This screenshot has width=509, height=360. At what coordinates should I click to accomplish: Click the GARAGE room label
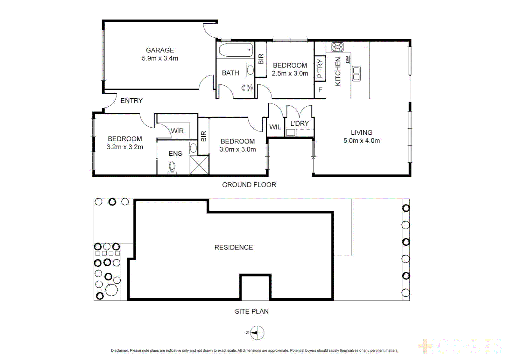click(x=160, y=50)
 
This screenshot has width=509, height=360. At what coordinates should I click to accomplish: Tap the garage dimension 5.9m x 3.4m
click(x=160, y=58)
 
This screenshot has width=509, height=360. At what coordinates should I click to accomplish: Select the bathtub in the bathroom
click(x=236, y=51)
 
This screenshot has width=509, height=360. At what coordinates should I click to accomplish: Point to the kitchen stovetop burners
click(x=337, y=47)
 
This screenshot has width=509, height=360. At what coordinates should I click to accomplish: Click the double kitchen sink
click(x=356, y=74)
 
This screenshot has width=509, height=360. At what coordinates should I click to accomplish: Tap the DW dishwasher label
click(x=348, y=59)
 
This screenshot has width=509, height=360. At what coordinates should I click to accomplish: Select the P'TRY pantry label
click(x=320, y=68)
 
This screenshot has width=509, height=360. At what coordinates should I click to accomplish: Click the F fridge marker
click(x=320, y=90)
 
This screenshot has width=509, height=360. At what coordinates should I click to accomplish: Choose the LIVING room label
click(x=361, y=133)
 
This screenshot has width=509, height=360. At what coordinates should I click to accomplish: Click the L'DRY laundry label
click(x=299, y=124)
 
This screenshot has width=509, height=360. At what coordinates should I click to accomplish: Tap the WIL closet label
click(x=275, y=127)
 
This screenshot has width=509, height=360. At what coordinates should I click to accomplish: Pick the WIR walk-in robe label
click(x=177, y=131)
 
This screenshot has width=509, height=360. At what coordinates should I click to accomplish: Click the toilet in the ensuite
click(x=172, y=167)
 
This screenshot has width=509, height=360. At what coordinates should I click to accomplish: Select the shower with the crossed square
click(x=199, y=165)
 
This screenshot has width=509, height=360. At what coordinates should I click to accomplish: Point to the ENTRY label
click(x=132, y=101)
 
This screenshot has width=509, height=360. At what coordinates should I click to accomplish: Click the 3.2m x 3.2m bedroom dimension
click(x=125, y=147)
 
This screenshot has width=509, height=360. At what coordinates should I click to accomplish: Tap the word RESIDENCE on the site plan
click(x=234, y=247)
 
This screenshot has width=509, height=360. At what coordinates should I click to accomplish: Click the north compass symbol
click(x=257, y=333)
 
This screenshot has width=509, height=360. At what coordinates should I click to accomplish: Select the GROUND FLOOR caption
click(x=249, y=185)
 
